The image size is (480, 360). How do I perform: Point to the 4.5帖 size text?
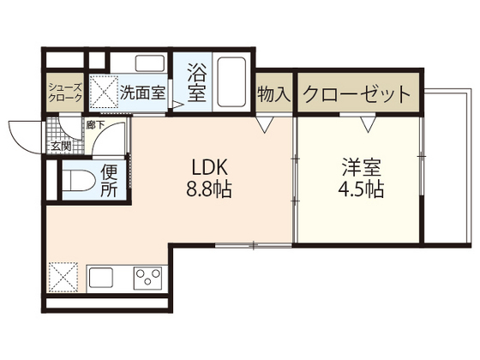pos(359,189)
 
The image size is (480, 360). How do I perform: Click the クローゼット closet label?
pos(356,94)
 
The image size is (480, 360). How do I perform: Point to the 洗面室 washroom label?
pos(143,93)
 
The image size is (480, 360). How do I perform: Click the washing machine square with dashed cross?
pos(103,90)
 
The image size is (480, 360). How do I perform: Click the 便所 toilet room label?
pos(110,180)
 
